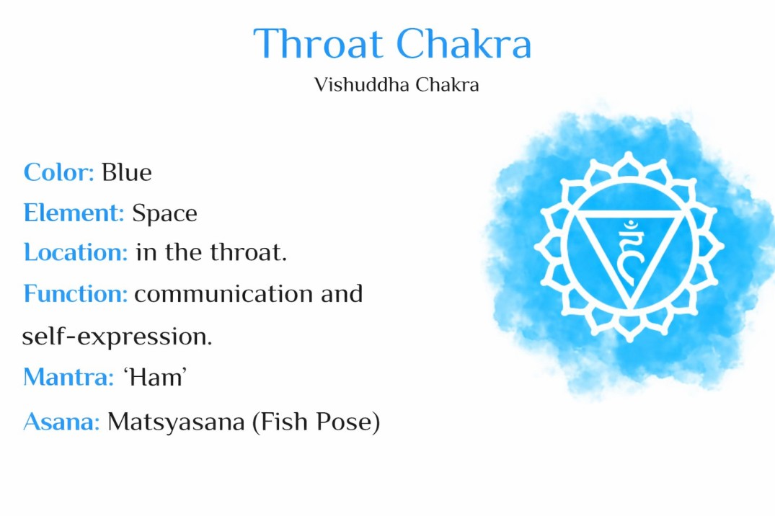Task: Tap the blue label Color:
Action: tap(58, 173)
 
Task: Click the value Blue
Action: tap(126, 173)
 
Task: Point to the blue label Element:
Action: tap(74, 213)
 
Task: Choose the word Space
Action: tap(164, 213)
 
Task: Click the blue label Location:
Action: tap(76, 253)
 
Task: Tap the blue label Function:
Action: tap(75, 294)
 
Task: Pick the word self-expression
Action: tap(117, 337)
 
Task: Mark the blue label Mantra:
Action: tap(68, 377)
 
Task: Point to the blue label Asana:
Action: tap(61, 422)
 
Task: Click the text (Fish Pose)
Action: tap(316, 422)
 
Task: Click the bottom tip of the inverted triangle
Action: tap(629, 308)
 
